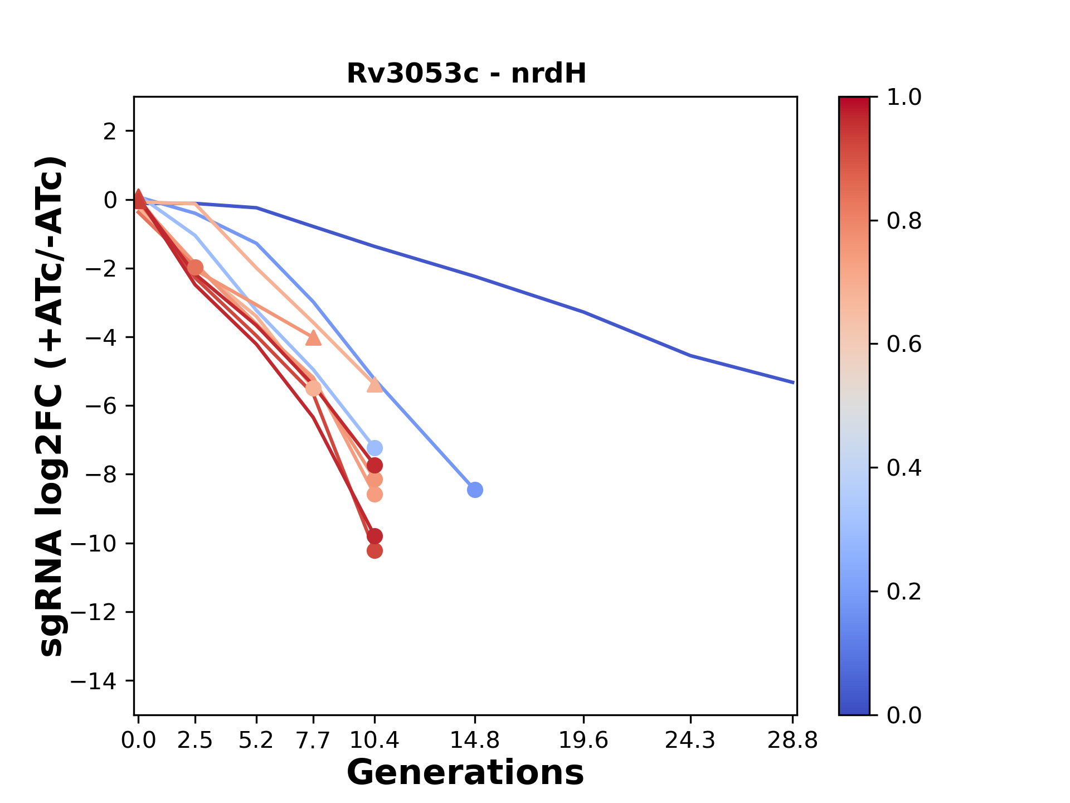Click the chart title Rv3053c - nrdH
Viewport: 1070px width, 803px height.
(x=466, y=74)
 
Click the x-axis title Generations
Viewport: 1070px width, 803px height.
(x=465, y=773)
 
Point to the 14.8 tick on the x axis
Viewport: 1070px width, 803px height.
(x=474, y=741)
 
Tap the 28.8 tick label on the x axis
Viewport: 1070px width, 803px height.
(x=792, y=741)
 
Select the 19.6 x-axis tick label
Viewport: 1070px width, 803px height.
(x=583, y=741)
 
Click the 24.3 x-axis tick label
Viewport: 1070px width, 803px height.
(x=690, y=741)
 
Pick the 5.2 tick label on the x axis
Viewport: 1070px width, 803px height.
(x=256, y=741)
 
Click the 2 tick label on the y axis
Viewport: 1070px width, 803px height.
(x=110, y=132)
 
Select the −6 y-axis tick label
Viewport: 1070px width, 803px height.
(x=100, y=406)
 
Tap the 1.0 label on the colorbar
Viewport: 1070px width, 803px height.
(x=904, y=98)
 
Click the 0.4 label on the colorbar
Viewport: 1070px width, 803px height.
(x=904, y=468)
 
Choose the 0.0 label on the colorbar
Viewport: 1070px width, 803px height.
(x=904, y=715)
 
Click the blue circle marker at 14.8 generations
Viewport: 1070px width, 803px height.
(x=475, y=490)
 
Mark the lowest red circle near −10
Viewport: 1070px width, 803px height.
(x=374, y=551)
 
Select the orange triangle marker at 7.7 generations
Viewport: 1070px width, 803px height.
(x=313, y=338)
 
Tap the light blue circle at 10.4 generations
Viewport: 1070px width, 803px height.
(x=374, y=448)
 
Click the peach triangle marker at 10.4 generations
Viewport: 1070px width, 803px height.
(x=374, y=385)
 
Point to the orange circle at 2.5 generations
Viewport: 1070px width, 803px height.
(x=195, y=268)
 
